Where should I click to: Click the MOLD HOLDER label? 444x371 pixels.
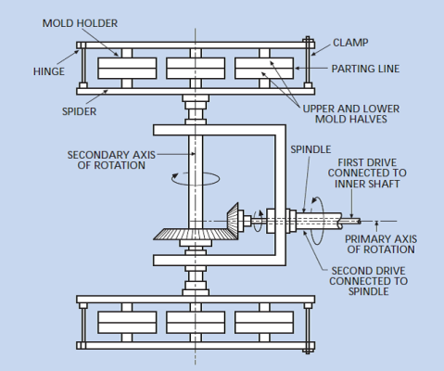[x=80, y=23]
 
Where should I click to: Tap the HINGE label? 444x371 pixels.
[x=49, y=71]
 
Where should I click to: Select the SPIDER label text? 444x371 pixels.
[x=79, y=111]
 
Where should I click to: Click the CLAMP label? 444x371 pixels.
[x=350, y=43]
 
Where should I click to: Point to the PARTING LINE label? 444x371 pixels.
[x=365, y=69]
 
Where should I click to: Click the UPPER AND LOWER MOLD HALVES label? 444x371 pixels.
[x=351, y=114]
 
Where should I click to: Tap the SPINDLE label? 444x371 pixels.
[x=311, y=149]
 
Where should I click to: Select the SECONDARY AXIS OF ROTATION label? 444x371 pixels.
[x=111, y=160]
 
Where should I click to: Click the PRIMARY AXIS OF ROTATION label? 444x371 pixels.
[x=381, y=244]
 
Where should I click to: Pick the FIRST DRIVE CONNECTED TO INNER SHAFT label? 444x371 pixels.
[x=367, y=173]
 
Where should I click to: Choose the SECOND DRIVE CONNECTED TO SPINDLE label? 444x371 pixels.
[x=368, y=281]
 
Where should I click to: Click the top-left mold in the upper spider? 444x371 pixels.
[x=127, y=69]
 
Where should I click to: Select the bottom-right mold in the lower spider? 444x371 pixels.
[x=264, y=323]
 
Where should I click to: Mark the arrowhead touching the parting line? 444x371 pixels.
[x=298, y=69]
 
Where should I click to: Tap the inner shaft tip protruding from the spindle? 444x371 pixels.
[x=351, y=222]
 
